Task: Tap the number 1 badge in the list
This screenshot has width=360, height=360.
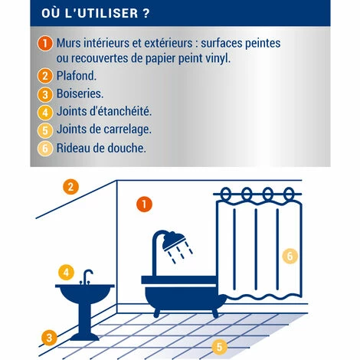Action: [x=45, y=43]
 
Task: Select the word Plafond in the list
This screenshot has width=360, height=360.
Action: [x=77, y=76]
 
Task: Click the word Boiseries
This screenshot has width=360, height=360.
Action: [x=80, y=93]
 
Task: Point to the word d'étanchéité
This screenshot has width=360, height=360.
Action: [x=120, y=111]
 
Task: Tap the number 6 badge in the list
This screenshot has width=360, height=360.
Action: [x=45, y=149]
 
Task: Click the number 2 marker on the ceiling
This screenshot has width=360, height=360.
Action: [x=70, y=187]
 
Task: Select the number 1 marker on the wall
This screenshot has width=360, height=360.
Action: [x=144, y=205]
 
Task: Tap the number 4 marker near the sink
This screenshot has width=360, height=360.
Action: [x=66, y=272]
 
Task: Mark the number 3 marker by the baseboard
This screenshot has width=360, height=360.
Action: [x=49, y=338]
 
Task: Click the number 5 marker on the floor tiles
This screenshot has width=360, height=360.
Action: [x=219, y=347]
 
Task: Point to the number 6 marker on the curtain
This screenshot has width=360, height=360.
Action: [x=290, y=256]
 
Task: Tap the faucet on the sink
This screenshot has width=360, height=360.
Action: [x=87, y=277]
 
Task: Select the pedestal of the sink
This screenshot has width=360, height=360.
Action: [x=84, y=322]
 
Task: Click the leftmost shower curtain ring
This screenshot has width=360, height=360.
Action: [x=225, y=194]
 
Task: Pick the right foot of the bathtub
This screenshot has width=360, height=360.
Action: [x=215, y=313]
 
